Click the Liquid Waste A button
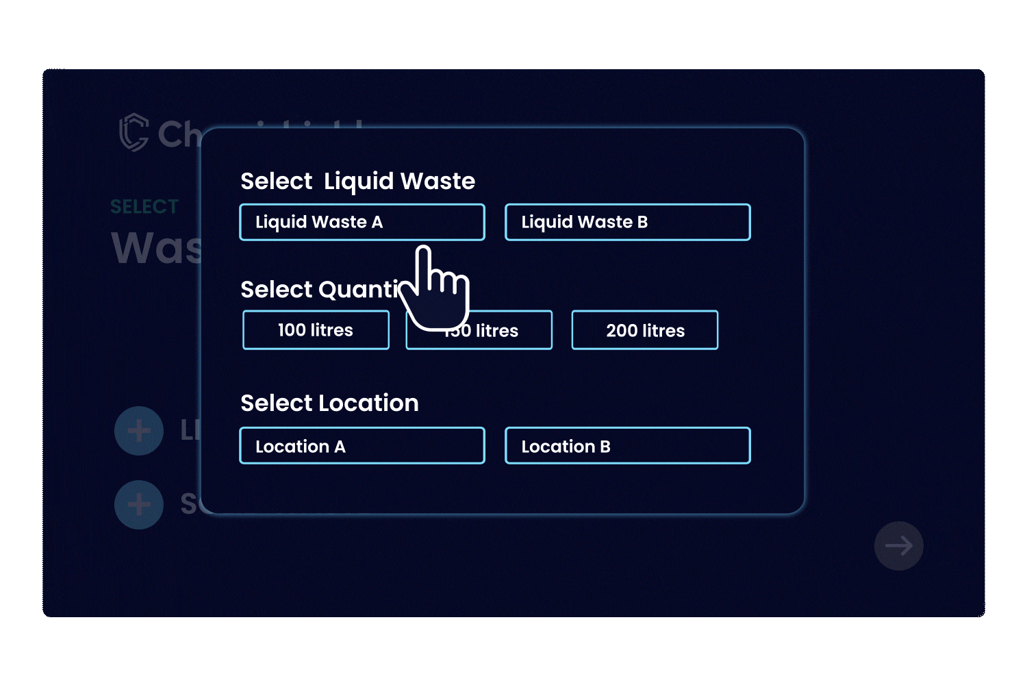pyautogui.click(x=362, y=222)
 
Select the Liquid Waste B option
pyautogui.click(x=627, y=222)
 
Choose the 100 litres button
pyautogui.click(x=316, y=330)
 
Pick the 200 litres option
pyautogui.click(x=645, y=330)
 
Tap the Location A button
pyautogui.click(x=362, y=446)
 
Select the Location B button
pyautogui.click(x=627, y=446)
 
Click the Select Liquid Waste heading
pyautogui.click(x=357, y=181)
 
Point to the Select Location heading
pyautogui.click(x=329, y=403)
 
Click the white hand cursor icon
pyautogui.click(x=438, y=291)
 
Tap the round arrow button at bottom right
pyautogui.click(x=898, y=546)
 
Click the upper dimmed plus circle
pyautogui.click(x=139, y=431)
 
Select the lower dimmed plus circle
pyautogui.click(x=139, y=505)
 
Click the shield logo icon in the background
pyautogui.click(x=134, y=132)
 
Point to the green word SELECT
pyautogui.click(x=144, y=206)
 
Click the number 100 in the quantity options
pyautogui.click(x=292, y=330)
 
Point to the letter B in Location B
pyautogui.click(x=605, y=447)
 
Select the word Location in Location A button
pyautogui.click(x=292, y=447)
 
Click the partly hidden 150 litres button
pyautogui.click(x=507, y=331)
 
